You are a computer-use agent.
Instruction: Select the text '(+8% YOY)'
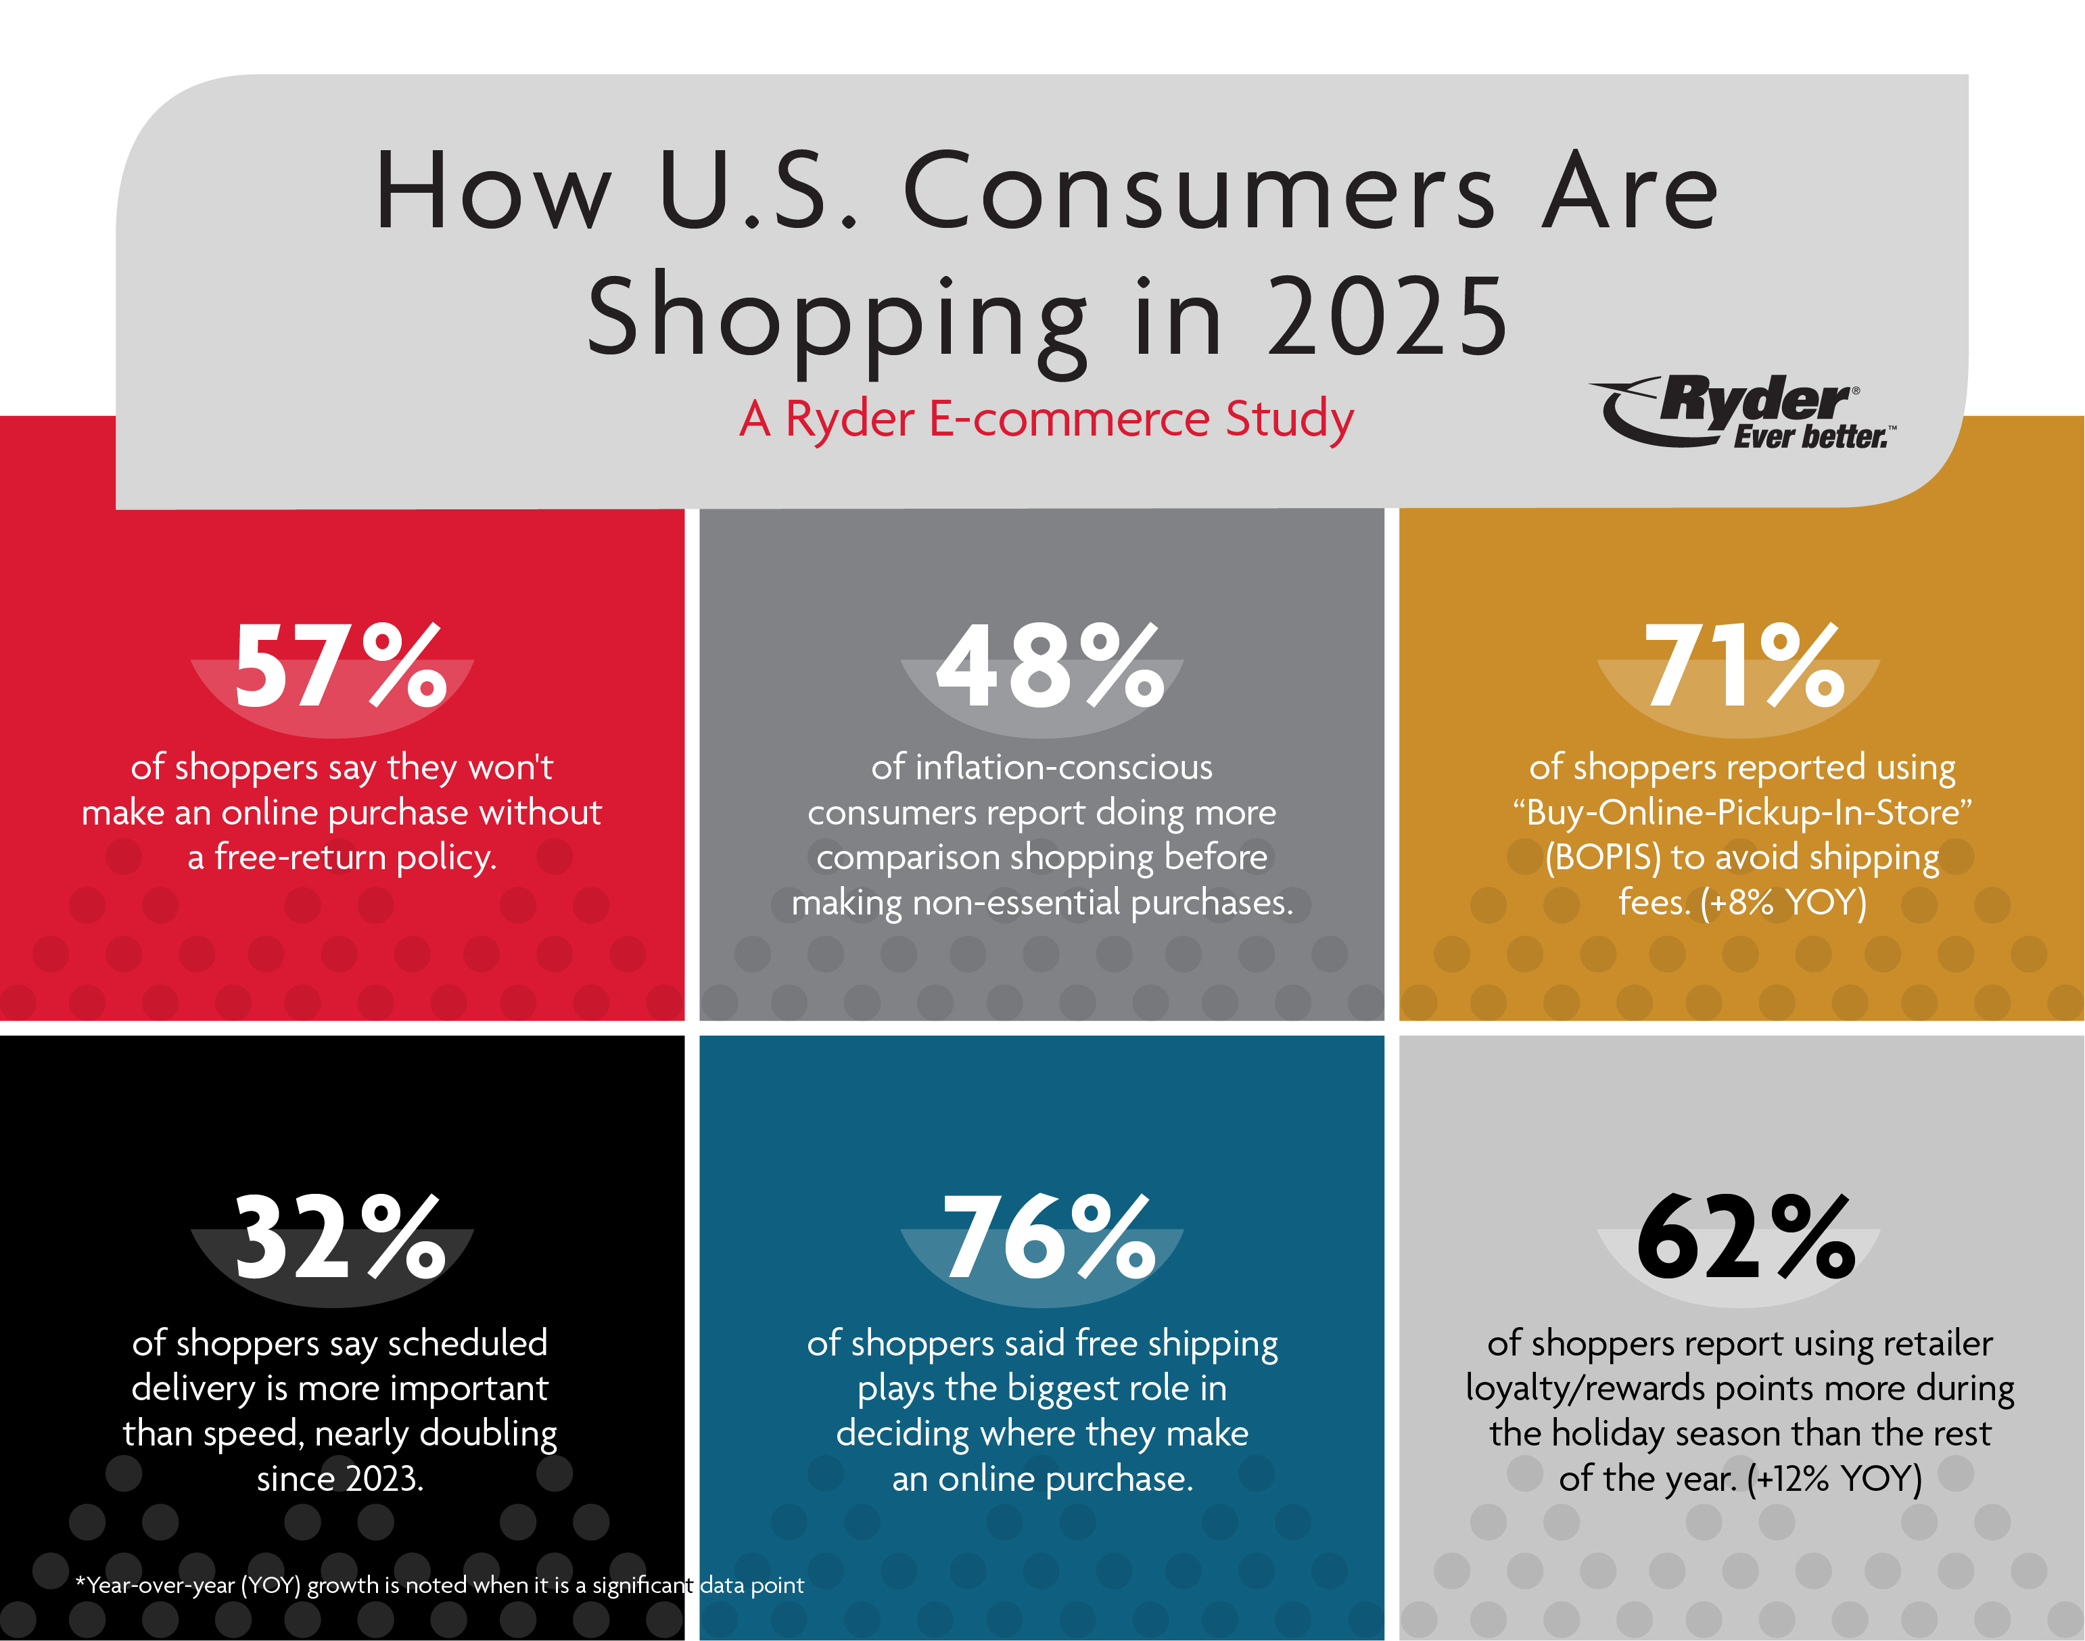pyautogui.click(x=1783, y=903)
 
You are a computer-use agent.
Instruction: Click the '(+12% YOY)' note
pyautogui.click(x=1834, y=1478)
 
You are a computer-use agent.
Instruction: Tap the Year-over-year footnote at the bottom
pyautogui.click(x=439, y=1584)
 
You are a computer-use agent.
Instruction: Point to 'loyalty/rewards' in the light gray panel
pyautogui.click(x=1585, y=1388)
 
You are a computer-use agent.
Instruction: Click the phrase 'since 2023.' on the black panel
pyautogui.click(x=340, y=1479)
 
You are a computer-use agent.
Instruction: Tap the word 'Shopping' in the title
pyautogui.click(x=835, y=317)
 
